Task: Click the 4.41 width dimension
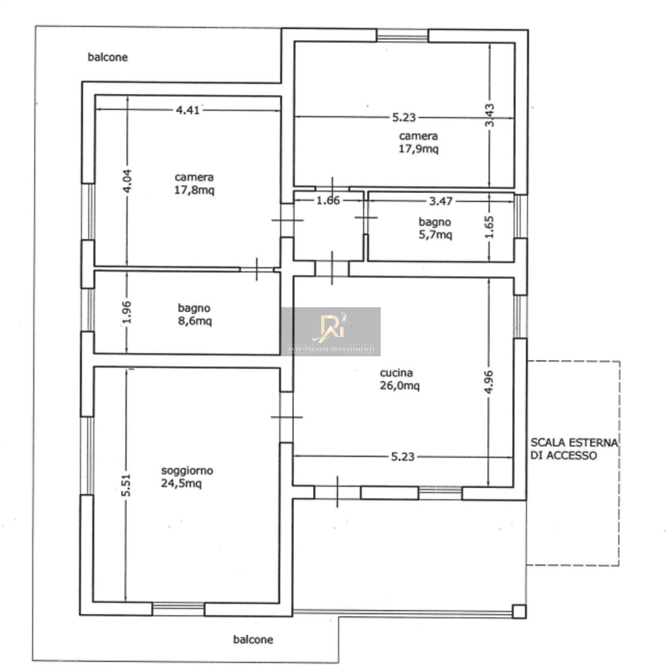tap(188, 110)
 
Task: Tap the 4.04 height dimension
tap(128, 181)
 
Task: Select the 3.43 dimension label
tap(490, 115)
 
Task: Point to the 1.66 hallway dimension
tap(328, 201)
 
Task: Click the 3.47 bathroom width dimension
tap(441, 201)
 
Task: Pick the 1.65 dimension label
tap(490, 227)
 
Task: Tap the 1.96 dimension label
tap(128, 312)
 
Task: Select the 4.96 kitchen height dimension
tap(490, 382)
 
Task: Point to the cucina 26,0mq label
tap(400, 379)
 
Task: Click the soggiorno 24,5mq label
tap(187, 477)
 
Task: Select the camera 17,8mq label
tap(194, 184)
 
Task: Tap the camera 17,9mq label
tap(418, 142)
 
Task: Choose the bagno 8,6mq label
tap(194, 315)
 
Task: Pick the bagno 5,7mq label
tap(435, 229)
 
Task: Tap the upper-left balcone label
tap(107, 57)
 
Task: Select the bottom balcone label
tap(253, 639)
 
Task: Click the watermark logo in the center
tap(331, 331)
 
